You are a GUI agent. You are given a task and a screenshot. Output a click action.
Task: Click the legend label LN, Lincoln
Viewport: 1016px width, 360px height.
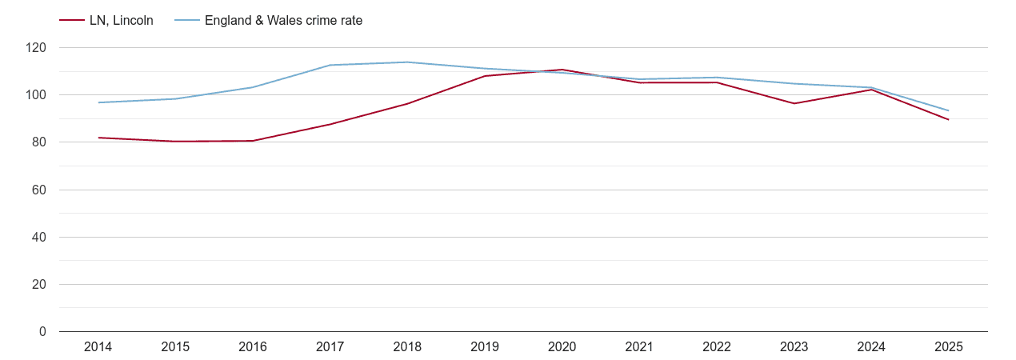pyautogui.click(x=121, y=21)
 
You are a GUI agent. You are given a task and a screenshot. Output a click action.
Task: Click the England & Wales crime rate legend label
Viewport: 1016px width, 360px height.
pyautogui.click(x=283, y=21)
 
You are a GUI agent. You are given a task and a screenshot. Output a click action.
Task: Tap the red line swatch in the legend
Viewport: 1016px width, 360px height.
pyautogui.click(x=72, y=21)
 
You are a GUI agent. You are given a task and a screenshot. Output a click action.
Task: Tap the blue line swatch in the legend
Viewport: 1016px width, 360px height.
pyautogui.click(x=186, y=21)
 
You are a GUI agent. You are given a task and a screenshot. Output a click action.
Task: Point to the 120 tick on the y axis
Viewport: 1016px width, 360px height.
pyautogui.click(x=36, y=48)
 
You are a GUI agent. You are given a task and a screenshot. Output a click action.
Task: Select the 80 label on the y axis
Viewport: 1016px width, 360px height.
pyautogui.click(x=39, y=142)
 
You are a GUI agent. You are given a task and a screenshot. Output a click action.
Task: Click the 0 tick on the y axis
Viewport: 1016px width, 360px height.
pyautogui.click(x=42, y=332)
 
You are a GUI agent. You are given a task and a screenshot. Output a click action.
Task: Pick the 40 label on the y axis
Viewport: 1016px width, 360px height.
pyautogui.click(x=39, y=238)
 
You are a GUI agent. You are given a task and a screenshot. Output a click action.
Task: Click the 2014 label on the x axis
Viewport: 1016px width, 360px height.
pyautogui.click(x=98, y=347)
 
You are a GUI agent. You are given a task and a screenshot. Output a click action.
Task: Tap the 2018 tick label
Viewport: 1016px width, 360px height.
pyautogui.click(x=407, y=347)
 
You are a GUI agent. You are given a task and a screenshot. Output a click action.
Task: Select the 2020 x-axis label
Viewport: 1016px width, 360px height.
pyautogui.click(x=562, y=347)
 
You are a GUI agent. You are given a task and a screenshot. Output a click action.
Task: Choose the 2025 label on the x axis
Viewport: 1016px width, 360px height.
pyautogui.click(x=948, y=347)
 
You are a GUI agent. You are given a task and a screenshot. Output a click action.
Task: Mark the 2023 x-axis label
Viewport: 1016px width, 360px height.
pyautogui.click(x=794, y=347)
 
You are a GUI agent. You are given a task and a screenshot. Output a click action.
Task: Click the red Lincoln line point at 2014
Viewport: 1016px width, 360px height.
pyautogui.click(x=98, y=138)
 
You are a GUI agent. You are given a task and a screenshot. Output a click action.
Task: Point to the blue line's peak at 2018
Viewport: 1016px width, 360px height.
pyautogui.click(x=407, y=62)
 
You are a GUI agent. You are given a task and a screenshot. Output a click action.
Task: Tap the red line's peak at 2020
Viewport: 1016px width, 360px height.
pyautogui.click(x=562, y=70)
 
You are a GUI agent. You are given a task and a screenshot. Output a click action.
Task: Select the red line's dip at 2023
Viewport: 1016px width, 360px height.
pyautogui.click(x=794, y=103)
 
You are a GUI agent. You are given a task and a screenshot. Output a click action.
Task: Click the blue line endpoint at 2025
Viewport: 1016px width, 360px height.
pyautogui.click(x=948, y=110)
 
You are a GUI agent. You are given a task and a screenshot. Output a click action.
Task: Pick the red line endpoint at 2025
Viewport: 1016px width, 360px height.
pyautogui.click(x=948, y=120)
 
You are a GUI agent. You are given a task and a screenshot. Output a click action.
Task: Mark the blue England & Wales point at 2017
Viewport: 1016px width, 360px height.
pyautogui.click(x=330, y=65)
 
